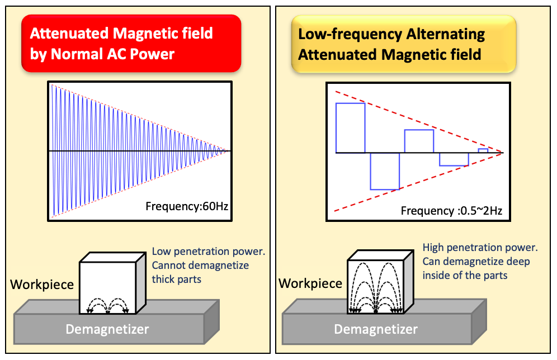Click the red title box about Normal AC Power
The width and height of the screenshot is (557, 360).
click(131, 43)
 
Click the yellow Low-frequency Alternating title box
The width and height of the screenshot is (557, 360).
click(404, 44)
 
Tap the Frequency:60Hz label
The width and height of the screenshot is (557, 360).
click(187, 206)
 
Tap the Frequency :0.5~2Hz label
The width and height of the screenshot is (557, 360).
click(451, 211)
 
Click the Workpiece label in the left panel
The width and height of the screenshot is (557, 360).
click(42, 285)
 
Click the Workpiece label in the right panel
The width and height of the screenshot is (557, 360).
click(310, 283)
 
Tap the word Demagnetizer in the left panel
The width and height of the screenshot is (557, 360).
click(107, 329)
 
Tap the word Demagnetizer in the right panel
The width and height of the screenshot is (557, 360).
click(376, 329)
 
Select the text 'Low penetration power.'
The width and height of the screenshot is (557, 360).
click(209, 252)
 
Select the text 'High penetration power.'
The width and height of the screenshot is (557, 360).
click(480, 248)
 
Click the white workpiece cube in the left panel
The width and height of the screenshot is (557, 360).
click(112, 283)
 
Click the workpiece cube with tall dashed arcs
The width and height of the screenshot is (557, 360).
click(380, 282)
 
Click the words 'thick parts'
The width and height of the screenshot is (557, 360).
click(177, 280)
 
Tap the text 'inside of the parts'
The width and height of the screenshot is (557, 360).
click(465, 276)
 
